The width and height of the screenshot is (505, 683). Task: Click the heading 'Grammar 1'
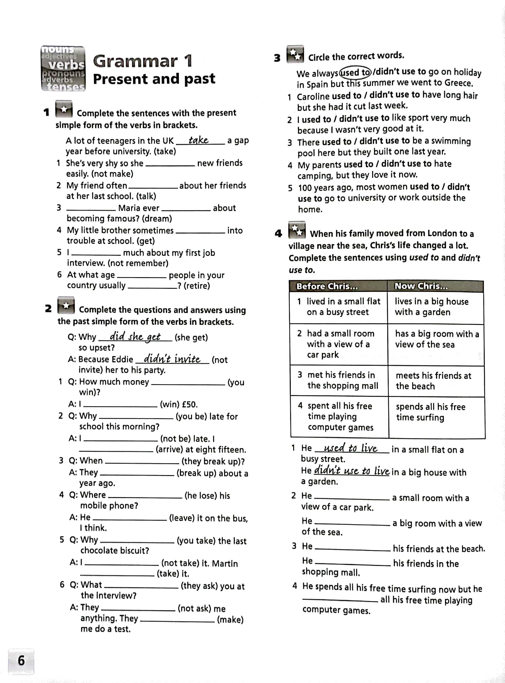(143, 61)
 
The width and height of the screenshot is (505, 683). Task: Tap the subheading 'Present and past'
(154, 79)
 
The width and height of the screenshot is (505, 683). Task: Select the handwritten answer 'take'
(198, 140)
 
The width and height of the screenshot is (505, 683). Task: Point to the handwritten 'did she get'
(135, 337)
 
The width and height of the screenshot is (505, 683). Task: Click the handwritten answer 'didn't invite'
(172, 359)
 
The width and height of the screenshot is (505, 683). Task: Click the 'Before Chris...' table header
(327, 286)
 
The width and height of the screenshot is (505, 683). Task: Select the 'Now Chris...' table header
(421, 286)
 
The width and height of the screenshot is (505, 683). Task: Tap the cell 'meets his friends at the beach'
(433, 381)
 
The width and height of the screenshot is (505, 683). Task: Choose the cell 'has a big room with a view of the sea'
(437, 339)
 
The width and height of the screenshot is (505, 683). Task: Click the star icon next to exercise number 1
(64, 109)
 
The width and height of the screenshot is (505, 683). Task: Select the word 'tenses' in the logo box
(65, 87)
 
